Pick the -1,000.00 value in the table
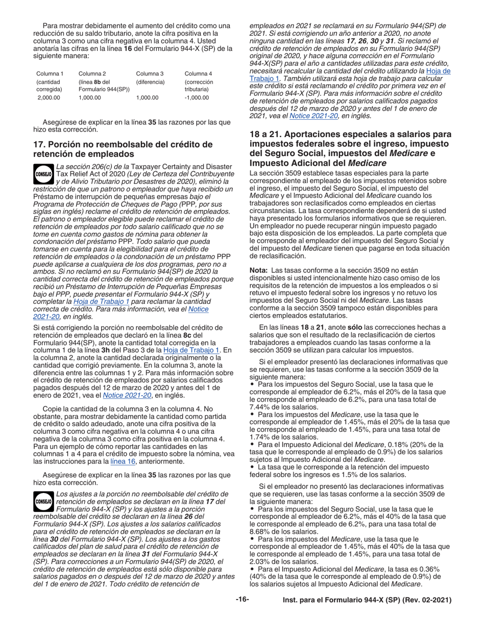tap(197, 97)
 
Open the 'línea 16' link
tap(121, 462)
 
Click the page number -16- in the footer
tap(242, 600)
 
